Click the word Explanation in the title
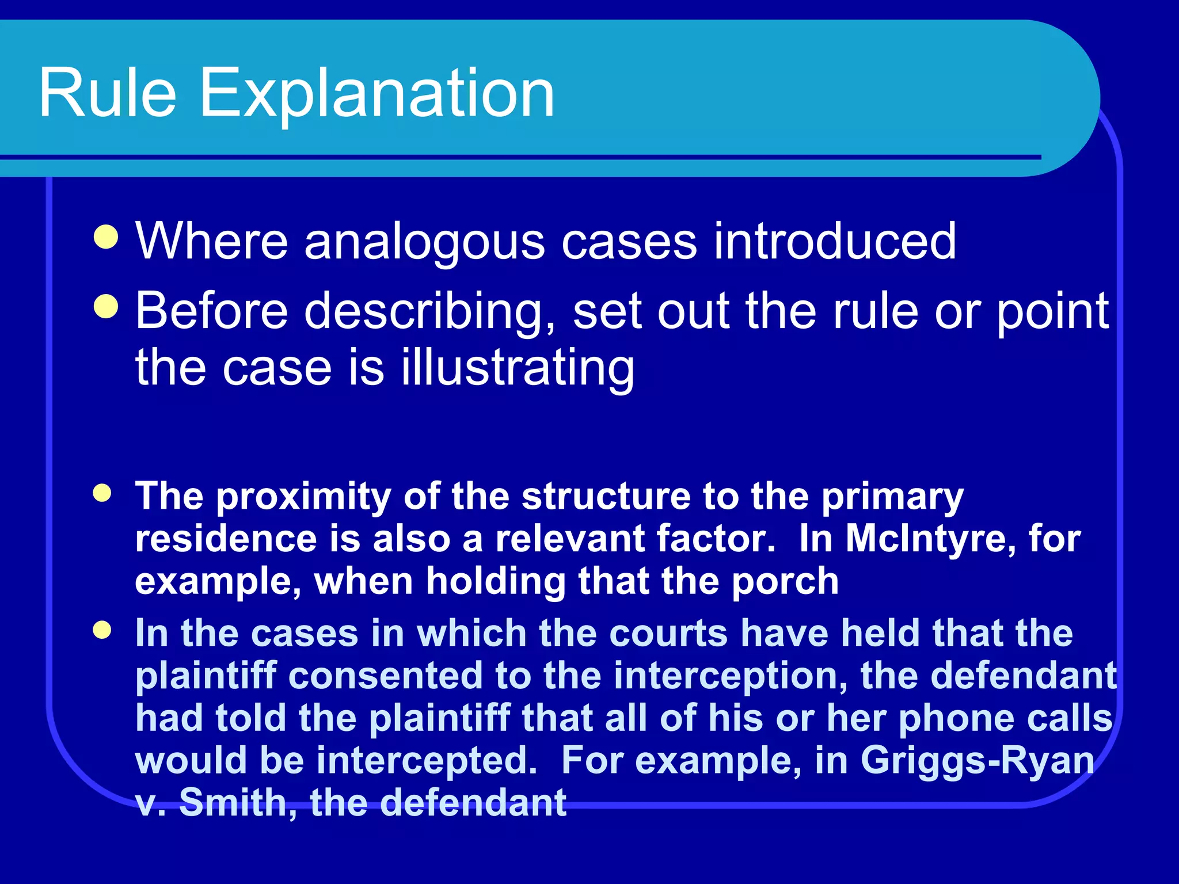pyautogui.click(x=376, y=94)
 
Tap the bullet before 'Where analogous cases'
pyautogui.click(x=106, y=237)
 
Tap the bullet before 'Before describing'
pyautogui.click(x=106, y=306)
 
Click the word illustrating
pyautogui.click(x=518, y=368)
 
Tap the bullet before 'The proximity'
pyautogui.click(x=102, y=493)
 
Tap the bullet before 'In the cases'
pyautogui.click(x=102, y=630)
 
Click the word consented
pyautogui.click(x=385, y=676)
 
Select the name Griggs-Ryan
pyautogui.click(x=977, y=761)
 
